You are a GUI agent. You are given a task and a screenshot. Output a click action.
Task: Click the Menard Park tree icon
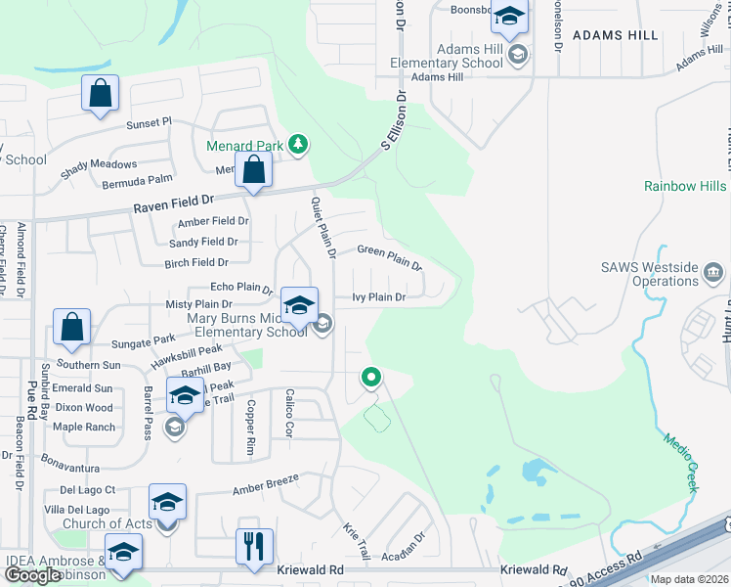pos(299,147)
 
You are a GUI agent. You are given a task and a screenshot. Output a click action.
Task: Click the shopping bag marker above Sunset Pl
pos(100,93)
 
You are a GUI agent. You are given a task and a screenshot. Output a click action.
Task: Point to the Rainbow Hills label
pos(685,186)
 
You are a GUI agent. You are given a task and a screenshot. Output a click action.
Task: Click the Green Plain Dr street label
pos(389,257)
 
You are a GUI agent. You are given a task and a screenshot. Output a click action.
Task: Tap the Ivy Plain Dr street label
pos(378,297)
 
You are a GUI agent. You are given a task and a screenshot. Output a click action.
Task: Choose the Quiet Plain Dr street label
pos(323,225)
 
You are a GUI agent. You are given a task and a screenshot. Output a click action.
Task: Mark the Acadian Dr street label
pos(408,550)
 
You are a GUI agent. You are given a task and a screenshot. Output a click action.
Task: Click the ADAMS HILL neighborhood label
pos(615,35)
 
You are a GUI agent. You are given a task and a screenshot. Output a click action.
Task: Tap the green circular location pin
pos(370,376)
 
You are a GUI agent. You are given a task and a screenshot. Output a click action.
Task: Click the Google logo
pos(33,575)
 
